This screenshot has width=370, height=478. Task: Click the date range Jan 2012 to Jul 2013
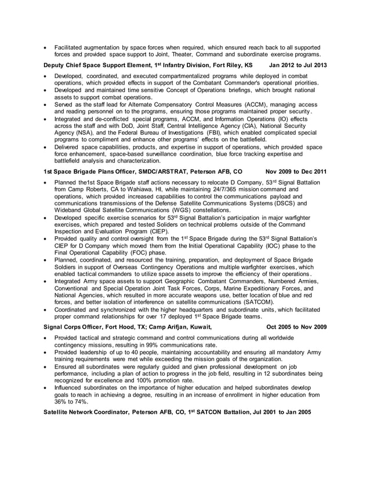(x=298, y=65)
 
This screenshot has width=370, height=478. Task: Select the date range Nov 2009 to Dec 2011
(x=296, y=171)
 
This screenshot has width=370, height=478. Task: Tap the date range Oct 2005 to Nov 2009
(x=296, y=326)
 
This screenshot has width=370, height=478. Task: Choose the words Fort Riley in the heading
(x=225, y=65)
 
